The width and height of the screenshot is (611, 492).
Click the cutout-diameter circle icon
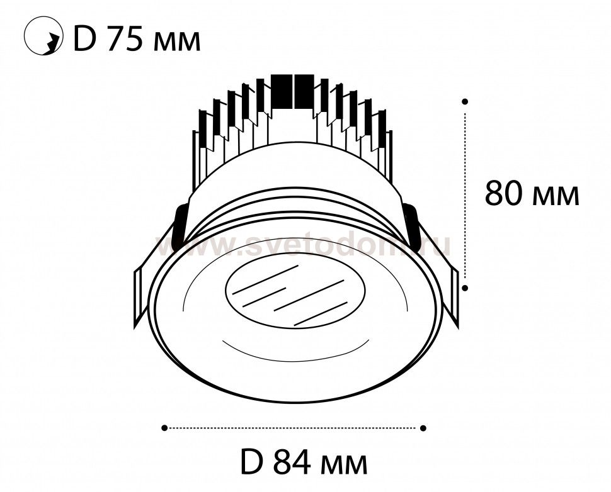pyautogui.click(x=43, y=36)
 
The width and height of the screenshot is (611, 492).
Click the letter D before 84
pyautogui.click(x=253, y=462)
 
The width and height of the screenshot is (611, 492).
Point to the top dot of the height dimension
pyautogui.click(x=464, y=101)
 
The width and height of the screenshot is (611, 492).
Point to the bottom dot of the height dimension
pyautogui.click(x=464, y=288)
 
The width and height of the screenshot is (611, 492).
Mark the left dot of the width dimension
pyautogui.click(x=164, y=428)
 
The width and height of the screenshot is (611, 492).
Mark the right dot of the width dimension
pyautogui.click(x=423, y=428)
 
